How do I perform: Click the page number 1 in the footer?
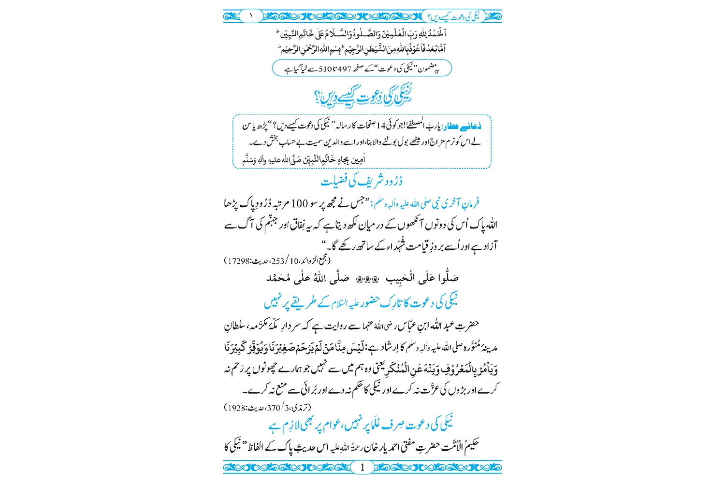tap(362, 467)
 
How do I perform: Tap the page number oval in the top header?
tap(251, 16)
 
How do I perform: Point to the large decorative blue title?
tap(362, 96)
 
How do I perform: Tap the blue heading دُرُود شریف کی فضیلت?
tap(362, 181)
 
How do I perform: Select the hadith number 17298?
tap(239, 261)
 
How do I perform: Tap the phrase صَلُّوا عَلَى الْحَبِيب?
tap(422, 278)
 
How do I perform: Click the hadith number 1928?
tap(237, 408)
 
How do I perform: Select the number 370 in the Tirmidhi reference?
tap(274, 408)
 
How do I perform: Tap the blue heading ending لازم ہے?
tap(362, 425)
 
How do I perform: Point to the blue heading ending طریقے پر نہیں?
tap(362, 302)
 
